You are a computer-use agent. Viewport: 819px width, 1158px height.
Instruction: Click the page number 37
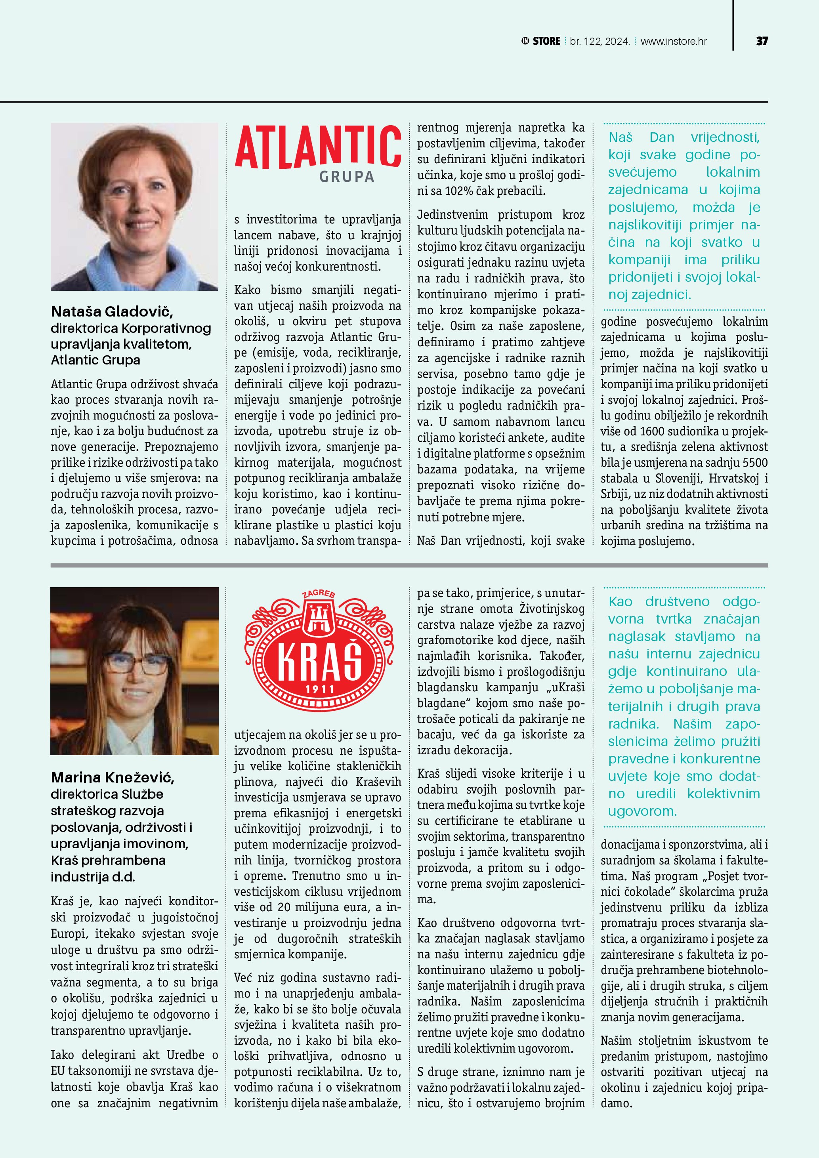[x=762, y=41]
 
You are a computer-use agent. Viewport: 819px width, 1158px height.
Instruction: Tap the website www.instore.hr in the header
[x=673, y=41]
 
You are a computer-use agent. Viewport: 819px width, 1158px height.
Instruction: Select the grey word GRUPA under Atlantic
[x=347, y=177]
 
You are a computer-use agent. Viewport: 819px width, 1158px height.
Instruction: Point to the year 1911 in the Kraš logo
[x=319, y=689]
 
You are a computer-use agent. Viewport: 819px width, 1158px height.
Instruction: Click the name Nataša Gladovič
[x=112, y=311]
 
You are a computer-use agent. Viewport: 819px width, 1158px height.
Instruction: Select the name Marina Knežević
[x=113, y=778]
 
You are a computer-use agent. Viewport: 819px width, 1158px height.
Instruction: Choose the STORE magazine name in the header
[x=546, y=41]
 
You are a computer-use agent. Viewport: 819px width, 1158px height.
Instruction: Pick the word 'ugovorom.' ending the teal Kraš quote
[x=642, y=811]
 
